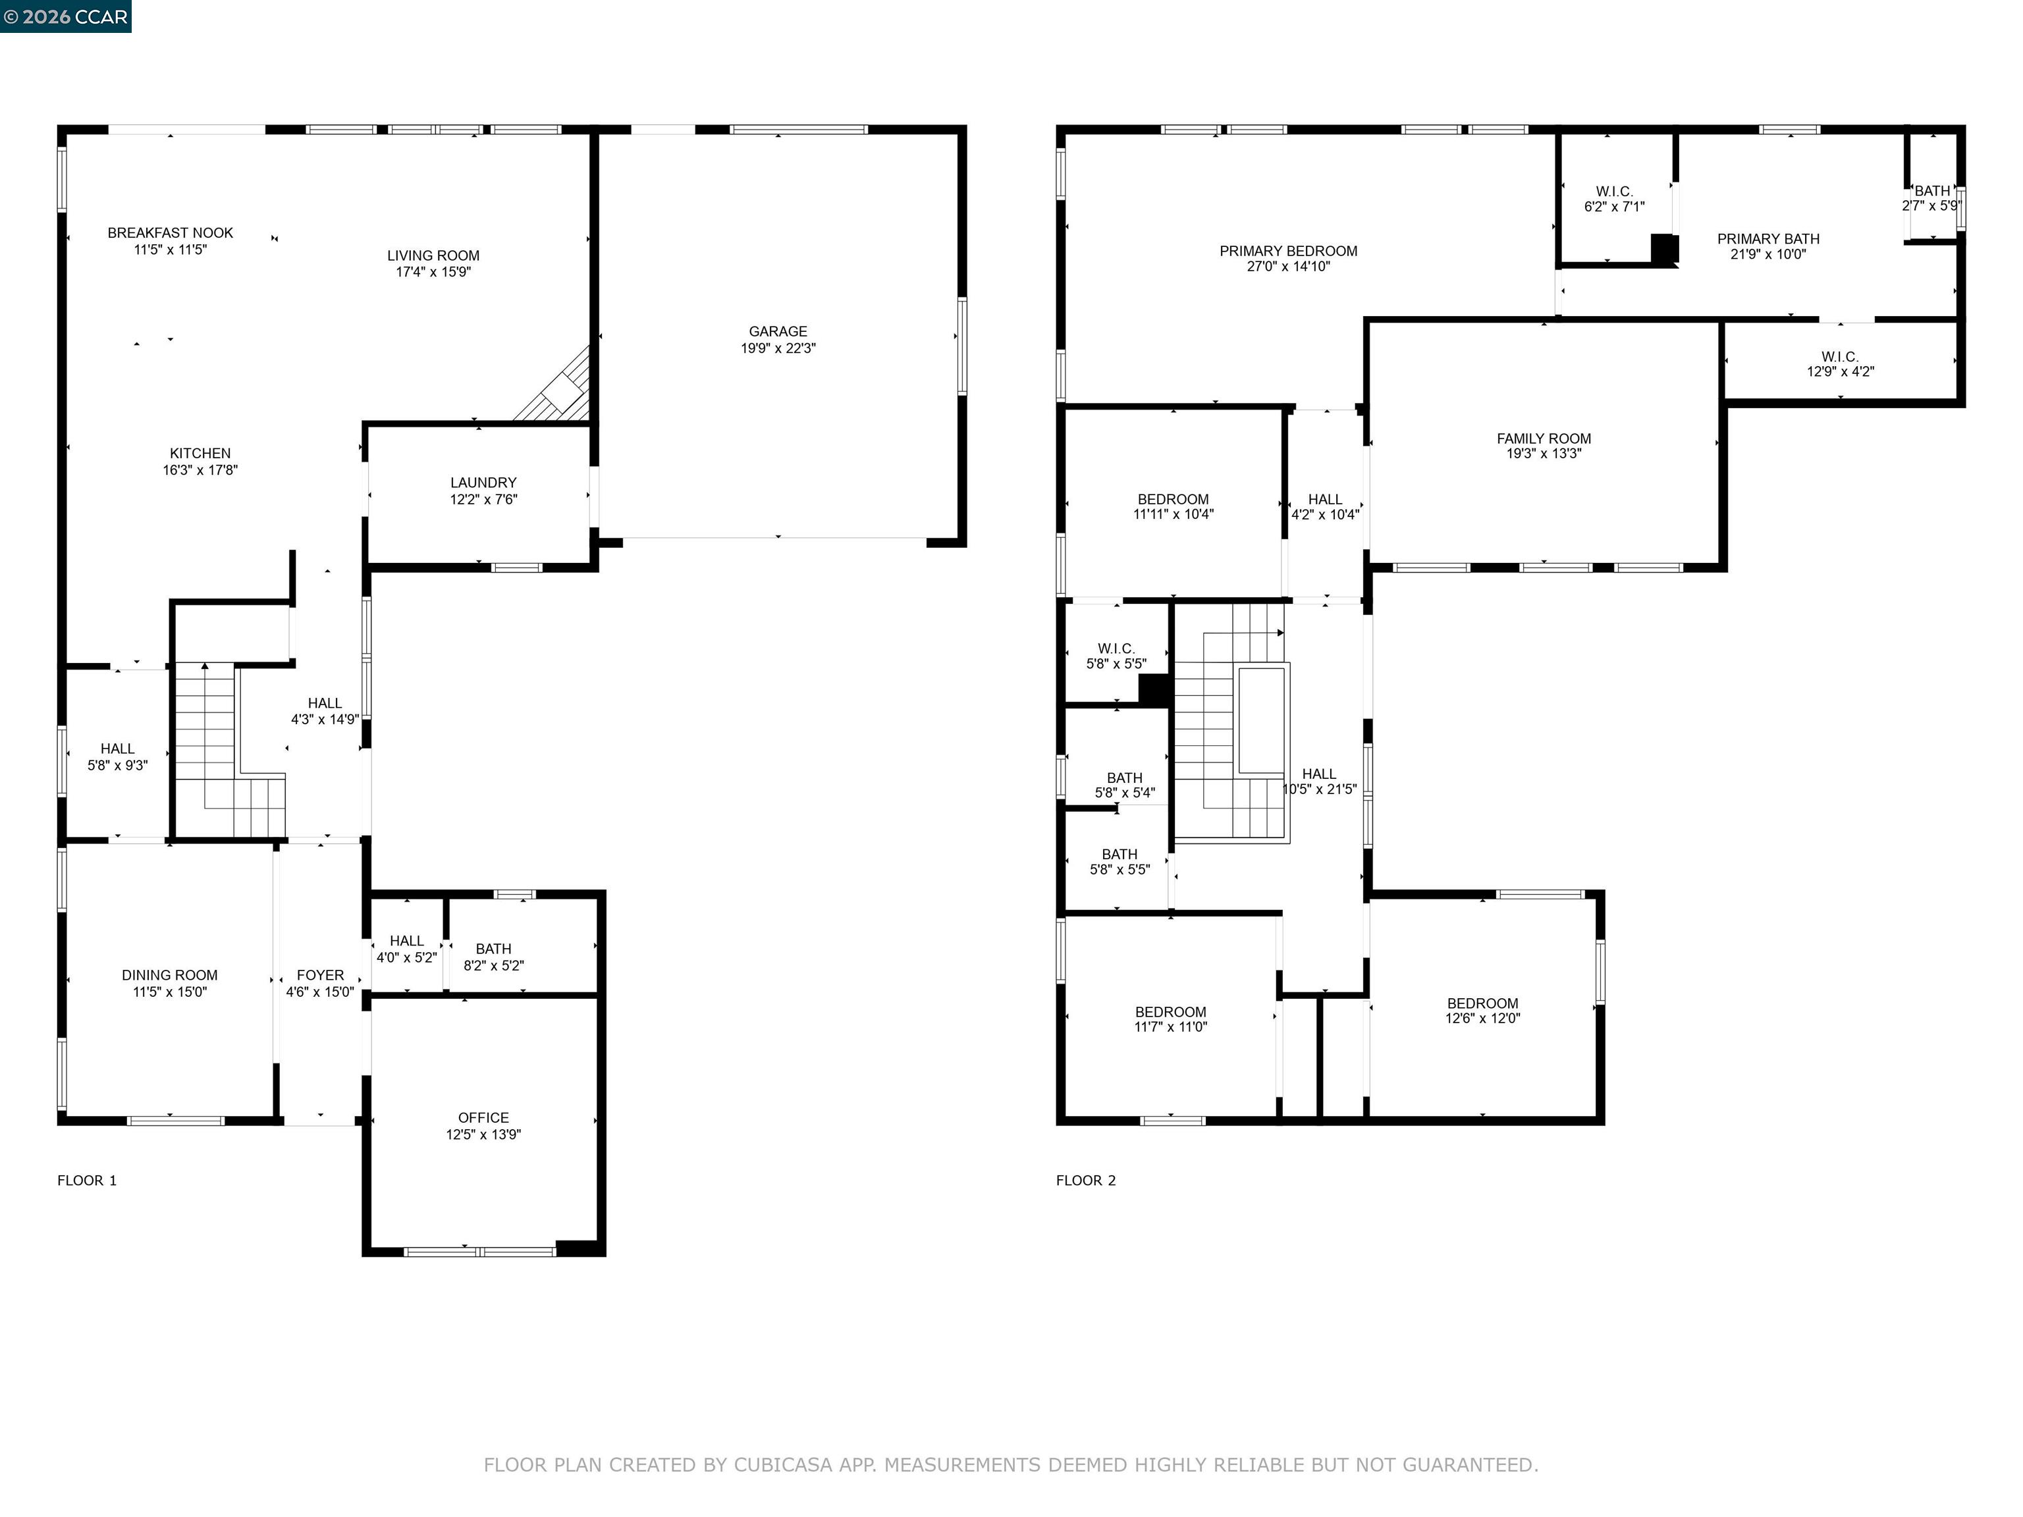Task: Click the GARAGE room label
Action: coord(777,331)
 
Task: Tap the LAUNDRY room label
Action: coord(483,483)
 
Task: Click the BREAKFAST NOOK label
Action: coord(170,233)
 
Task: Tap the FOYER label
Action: coord(320,974)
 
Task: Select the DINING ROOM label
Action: coord(169,974)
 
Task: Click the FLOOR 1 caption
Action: coord(87,1181)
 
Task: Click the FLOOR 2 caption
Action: coord(1085,1181)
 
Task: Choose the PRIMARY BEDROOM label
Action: coord(1287,251)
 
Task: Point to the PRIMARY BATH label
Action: coord(1768,238)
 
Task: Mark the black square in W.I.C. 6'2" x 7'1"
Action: coord(1663,249)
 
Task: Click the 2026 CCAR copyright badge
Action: coord(66,16)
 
